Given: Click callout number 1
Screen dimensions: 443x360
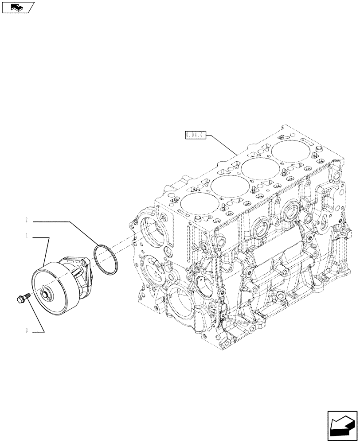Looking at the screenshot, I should [x=27, y=237].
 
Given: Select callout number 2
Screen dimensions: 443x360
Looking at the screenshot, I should [x=27, y=220].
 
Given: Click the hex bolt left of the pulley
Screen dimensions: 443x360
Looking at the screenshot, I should [x=22, y=299].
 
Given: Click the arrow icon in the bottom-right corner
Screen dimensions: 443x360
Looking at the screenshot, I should [x=342, y=425].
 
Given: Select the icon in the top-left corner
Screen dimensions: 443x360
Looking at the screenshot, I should [x=17, y=7].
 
